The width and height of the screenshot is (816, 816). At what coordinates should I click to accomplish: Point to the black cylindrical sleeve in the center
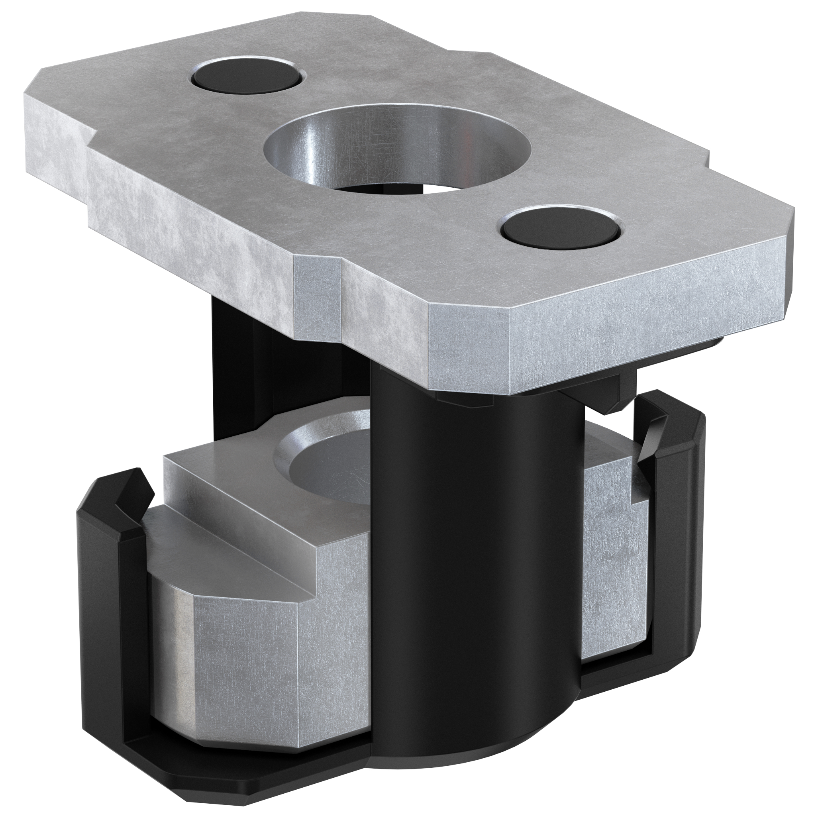(x=473, y=528)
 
